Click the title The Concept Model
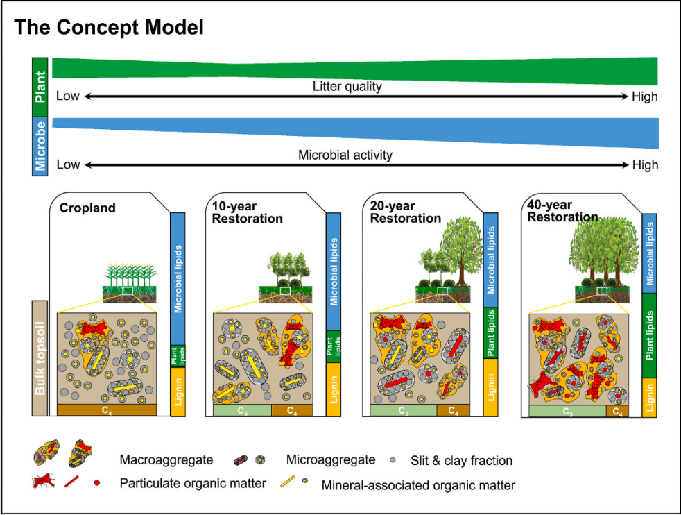tap(109, 28)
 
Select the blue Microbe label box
tap(41, 146)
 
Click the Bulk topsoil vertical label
tap(40, 358)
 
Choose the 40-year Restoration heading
tap(562, 211)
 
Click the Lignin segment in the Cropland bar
tap(178, 392)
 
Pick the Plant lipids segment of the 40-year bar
tap(650, 336)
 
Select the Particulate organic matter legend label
tap(193, 483)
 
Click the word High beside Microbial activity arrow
tap(645, 165)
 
